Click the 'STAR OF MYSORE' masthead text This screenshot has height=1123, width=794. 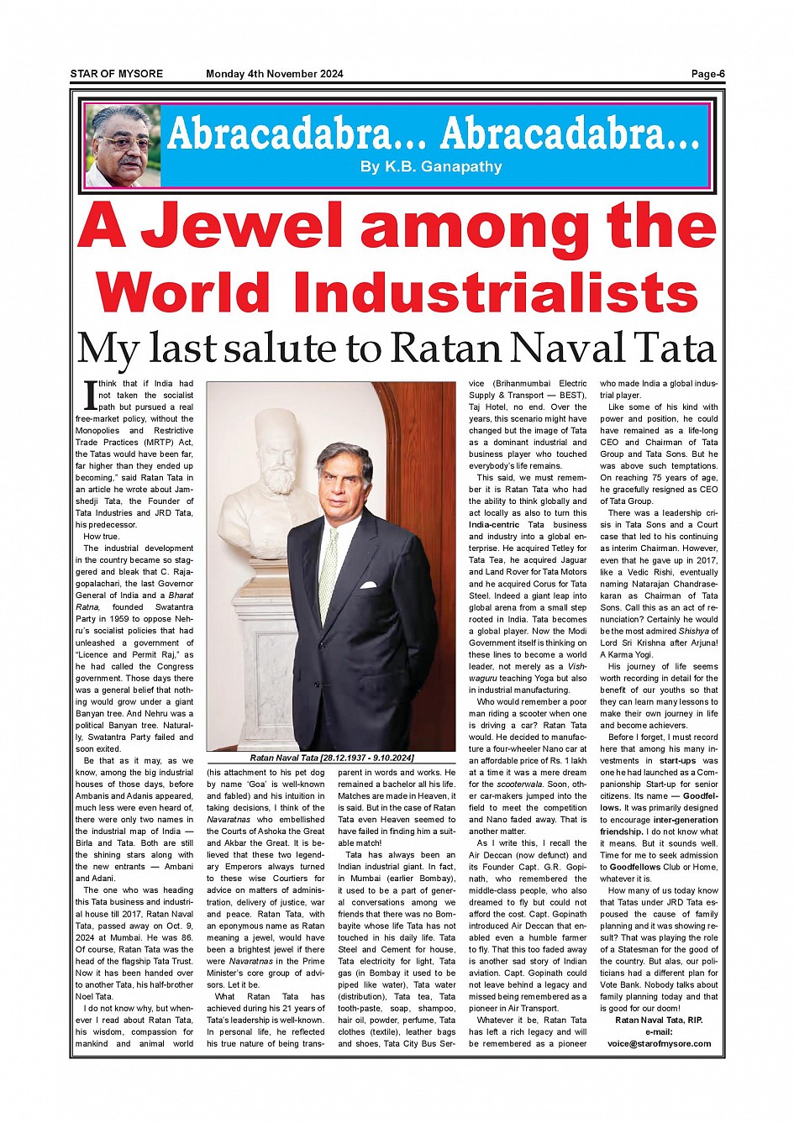point(116,74)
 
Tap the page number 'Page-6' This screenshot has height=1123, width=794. point(707,74)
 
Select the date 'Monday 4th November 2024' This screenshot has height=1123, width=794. point(275,74)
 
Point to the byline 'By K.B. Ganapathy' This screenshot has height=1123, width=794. point(431,166)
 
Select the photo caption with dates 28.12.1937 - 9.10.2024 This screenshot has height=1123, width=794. point(332,758)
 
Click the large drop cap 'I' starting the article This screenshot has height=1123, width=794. point(90,394)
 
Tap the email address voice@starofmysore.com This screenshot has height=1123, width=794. point(659,1044)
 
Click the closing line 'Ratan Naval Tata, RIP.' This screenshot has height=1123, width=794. point(659,1021)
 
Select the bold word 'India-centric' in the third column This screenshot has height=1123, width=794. point(494,525)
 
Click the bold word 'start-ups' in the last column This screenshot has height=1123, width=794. point(677,761)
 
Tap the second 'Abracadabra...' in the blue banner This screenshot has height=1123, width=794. point(570,134)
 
